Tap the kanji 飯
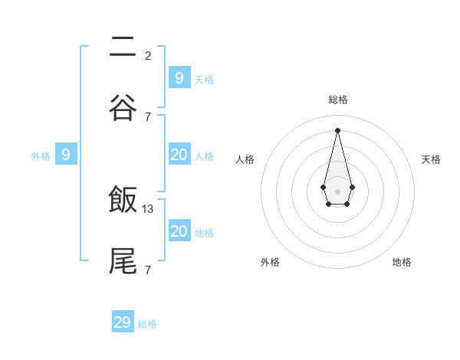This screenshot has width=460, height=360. click(123, 200)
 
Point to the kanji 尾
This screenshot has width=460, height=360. click(123, 260)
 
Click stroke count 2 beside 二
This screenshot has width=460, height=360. click(148, 55)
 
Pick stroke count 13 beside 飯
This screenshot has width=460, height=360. click(149, 208)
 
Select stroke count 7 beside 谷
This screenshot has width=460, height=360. click(148, 116)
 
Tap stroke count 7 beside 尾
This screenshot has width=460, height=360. click(148, 270)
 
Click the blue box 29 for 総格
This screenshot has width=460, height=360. click(123, 322)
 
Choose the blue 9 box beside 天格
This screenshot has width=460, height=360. click(179, 77)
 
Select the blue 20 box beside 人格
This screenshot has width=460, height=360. click(179, 155)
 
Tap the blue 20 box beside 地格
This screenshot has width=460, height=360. click(179, 231)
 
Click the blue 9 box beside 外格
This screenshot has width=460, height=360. click(66, 155)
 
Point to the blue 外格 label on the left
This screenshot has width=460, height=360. click(41, 156)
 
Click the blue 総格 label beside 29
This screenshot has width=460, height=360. click(148, 324)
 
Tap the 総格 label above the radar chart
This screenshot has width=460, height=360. click(338, 100)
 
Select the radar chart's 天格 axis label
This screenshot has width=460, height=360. click(432, 159)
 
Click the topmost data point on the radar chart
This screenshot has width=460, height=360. click(338, 129)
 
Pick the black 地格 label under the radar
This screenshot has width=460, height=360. click(402, 262)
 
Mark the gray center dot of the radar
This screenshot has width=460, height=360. click(338, 191)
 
